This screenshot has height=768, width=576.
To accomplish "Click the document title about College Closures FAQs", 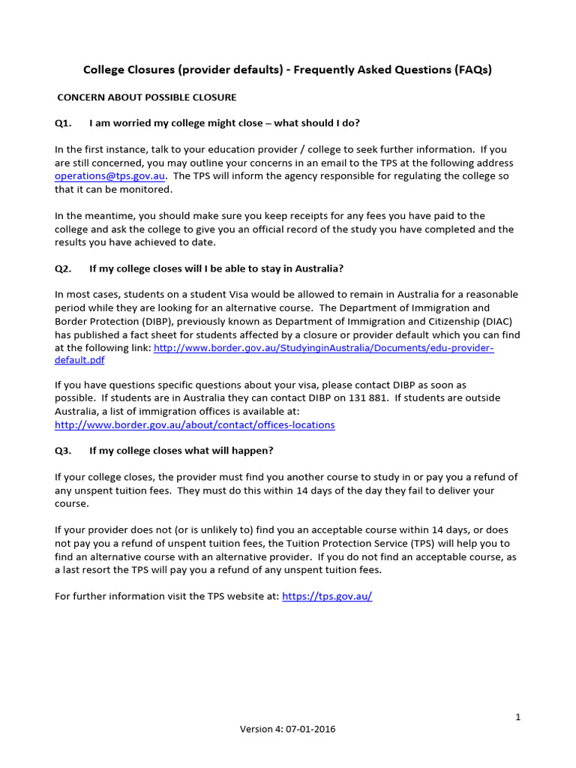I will click(287, 70).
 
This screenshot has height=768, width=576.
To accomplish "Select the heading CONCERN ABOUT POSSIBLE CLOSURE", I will click(147, 97).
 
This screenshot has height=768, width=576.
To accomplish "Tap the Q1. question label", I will click(64, 123).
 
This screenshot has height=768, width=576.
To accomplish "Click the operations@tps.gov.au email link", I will click(109, 176).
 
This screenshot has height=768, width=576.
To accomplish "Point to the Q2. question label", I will click(64, 268).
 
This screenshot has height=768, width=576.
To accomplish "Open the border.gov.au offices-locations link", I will click(195, 425).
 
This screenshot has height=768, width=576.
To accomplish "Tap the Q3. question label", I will click(64, 451).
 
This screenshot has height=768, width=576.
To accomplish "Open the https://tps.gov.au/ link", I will click(327, 596).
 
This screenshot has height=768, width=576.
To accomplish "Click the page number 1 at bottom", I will click(517, 718).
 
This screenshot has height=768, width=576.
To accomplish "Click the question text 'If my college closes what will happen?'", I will click(181, 451).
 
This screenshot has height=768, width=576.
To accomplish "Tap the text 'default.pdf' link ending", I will click(79, 361).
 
